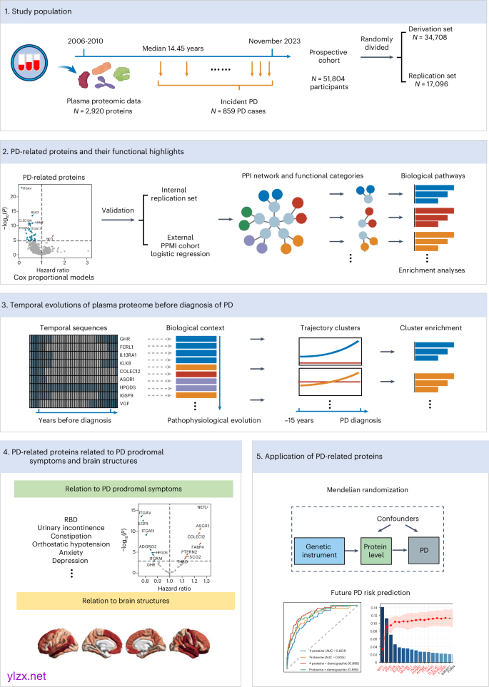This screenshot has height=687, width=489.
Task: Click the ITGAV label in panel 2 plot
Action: pos(26,188)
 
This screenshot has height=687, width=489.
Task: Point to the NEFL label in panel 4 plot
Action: pos(202,507)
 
